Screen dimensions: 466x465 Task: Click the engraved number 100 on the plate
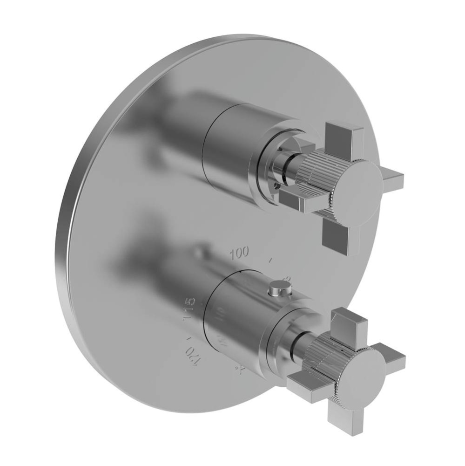click(x=239, y=253)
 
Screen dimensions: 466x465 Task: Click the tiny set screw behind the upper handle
click(x=277, y=186)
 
